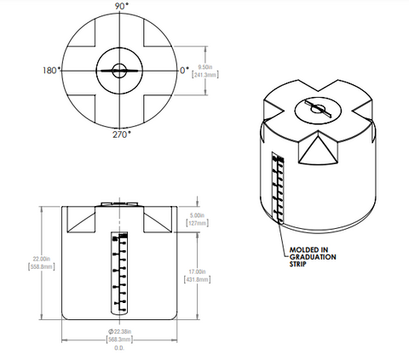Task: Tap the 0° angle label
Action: tap(183, 70)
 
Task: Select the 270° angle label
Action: tap(119, 134)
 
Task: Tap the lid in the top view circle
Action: tap(119, 71)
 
